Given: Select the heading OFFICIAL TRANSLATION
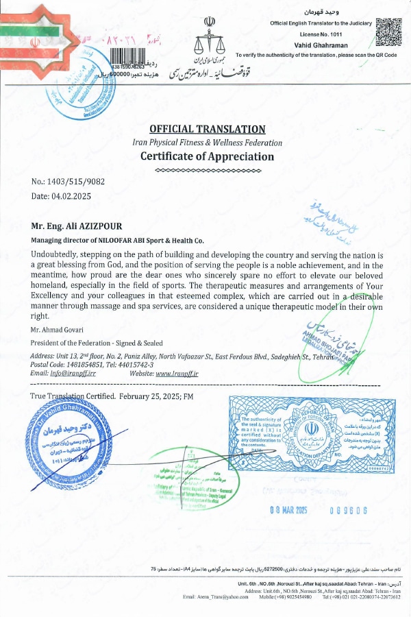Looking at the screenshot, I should click(207, 129).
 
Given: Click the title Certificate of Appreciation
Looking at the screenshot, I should click(207, 156).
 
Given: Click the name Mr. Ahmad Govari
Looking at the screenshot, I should click(57, 330).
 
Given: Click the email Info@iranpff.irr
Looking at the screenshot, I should click(75, 374).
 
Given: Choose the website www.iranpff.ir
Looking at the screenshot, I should click(177, 374).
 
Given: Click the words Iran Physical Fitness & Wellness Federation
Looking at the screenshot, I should click(207, 143).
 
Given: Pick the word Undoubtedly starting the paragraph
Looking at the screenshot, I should click(57, 254).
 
